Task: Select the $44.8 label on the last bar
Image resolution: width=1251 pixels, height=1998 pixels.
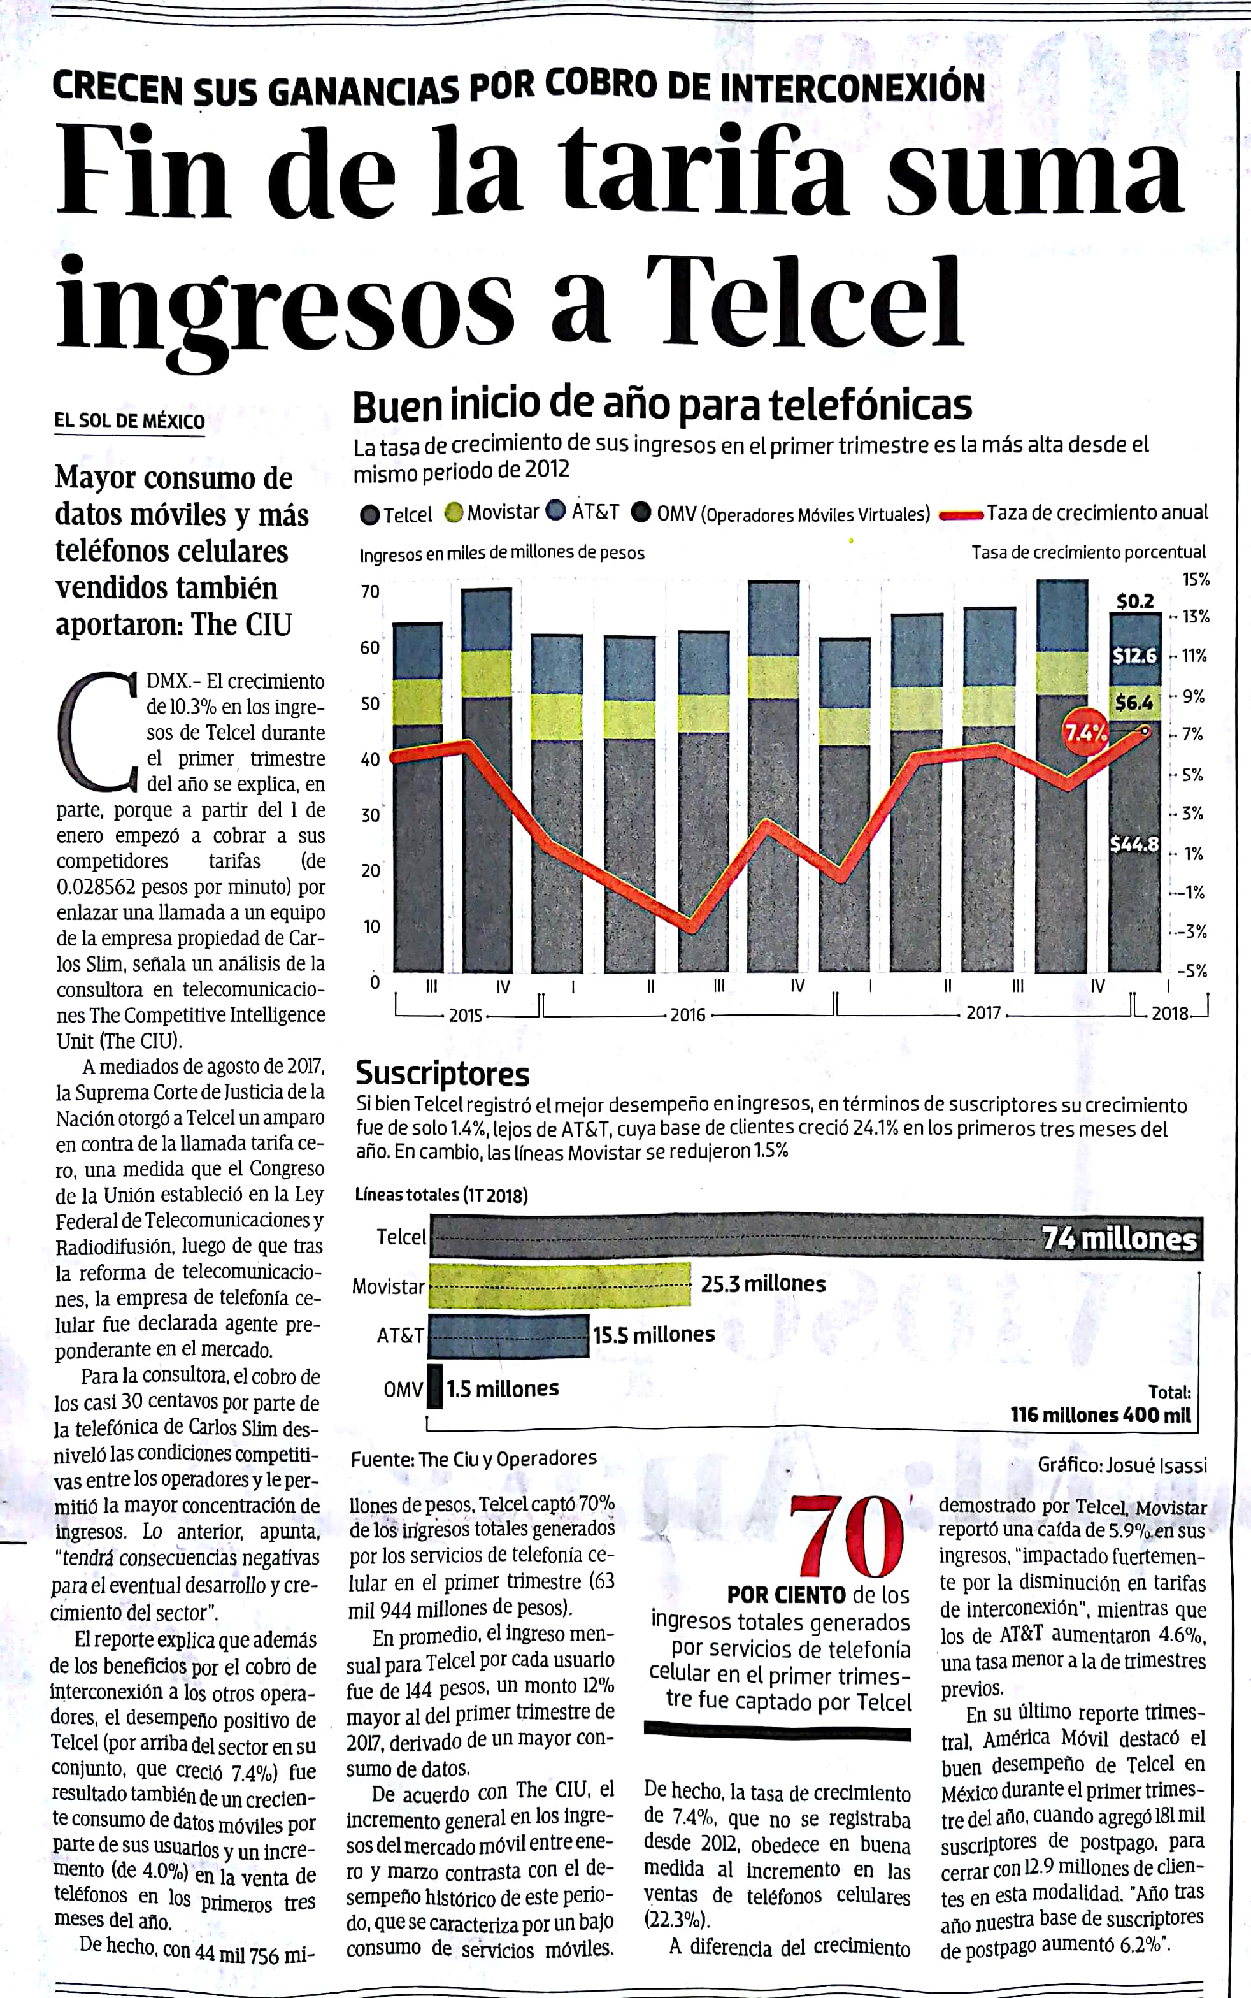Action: pyautogui.click(x=1134, y=845)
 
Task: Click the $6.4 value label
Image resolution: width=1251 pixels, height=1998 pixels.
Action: pyautogui.click(x=1134, y=703)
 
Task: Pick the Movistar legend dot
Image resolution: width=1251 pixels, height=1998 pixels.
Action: pyautogui.click(x=453, y=513)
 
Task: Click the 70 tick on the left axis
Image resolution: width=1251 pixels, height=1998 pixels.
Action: pyautogui.click(x=370, y=591)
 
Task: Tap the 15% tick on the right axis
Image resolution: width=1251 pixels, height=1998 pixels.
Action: pyautogui.click(x=1196, y=579)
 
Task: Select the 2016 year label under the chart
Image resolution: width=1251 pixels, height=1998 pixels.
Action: pyautogui.click(x=687, y=1014)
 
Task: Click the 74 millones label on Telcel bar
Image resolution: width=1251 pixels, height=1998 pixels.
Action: pyautogui.click(x=1119, y=1239)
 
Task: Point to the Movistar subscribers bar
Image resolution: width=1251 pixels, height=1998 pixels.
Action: pyautogui.click(x=559, y=1285)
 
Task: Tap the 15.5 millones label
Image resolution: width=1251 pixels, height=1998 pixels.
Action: pyautogui.click(x=654, y=1335)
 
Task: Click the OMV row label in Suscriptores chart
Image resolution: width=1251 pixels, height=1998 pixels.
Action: pyautogui.click(x=403, y=1389)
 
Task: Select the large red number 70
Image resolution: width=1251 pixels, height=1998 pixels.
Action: pyautogui.click(x=846, y=1538)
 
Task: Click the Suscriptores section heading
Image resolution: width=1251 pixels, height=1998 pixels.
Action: pyautogui.click(x=443, y=1074)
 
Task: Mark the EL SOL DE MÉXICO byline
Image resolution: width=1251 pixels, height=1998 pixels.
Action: pyautogui.click(x=130, y=421)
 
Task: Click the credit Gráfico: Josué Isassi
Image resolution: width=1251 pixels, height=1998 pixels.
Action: pyautogui.click(x=1122, y=1465)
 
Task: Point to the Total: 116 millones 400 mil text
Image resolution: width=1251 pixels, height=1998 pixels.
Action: pyautogui.click(x=1101, y=1404)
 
